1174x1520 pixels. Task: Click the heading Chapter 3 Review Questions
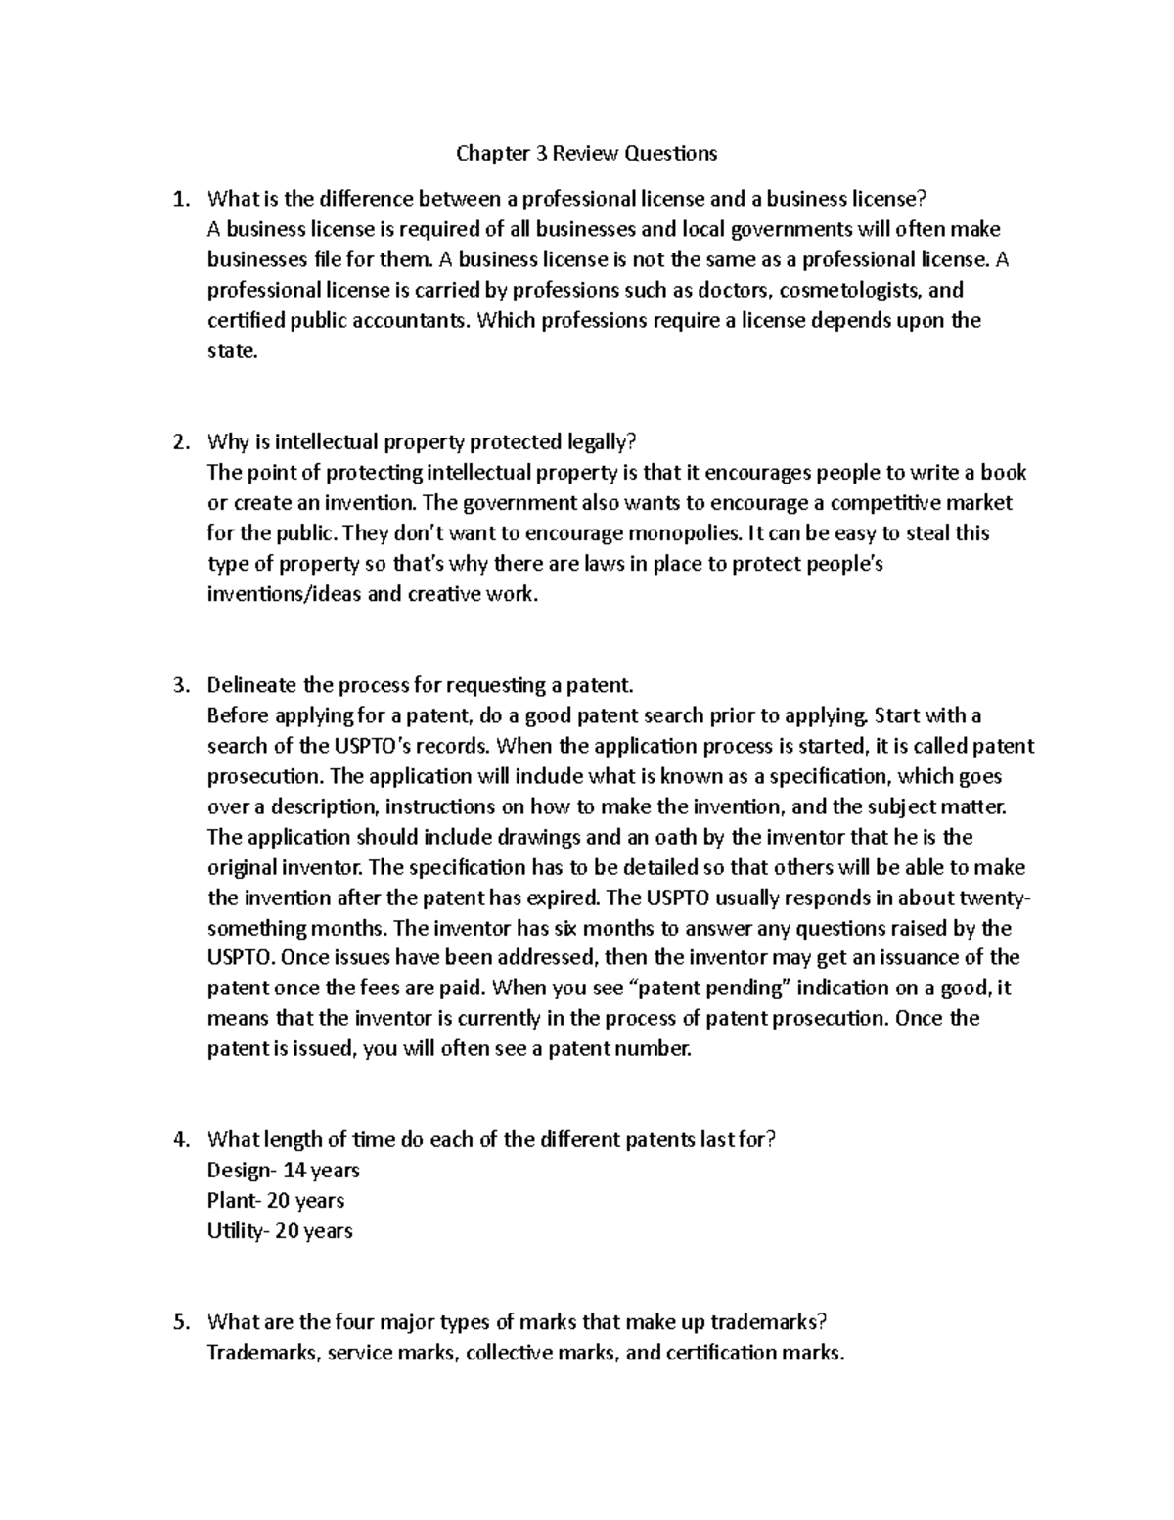[x=586, y=153]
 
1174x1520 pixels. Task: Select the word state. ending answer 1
[x=233, y=351]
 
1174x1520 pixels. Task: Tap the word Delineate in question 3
[x=250, y=685]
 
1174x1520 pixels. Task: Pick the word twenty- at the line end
[x=994, y=898]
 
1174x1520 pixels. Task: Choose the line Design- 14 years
[x=284, y=1171]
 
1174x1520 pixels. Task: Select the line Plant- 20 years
[x=276, y=1201]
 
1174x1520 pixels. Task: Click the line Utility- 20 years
[x=280, y=1231]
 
